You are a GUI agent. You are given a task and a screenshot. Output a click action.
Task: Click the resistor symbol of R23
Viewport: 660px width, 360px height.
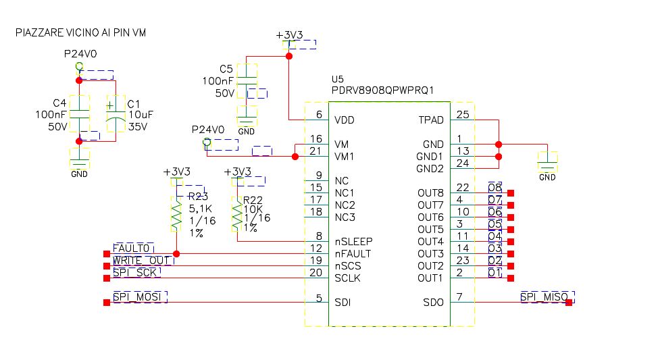(x=176, y=215)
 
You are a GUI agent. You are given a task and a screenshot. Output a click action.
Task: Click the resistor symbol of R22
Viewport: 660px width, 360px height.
(x=236, y=215)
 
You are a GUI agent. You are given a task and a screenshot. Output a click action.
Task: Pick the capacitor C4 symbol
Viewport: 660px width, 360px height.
(x=79, y=112)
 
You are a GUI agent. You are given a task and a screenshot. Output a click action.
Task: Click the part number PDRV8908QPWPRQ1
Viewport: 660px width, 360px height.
(x=382, y=90)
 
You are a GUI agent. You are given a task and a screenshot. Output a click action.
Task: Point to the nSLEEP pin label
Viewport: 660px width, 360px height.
(x=353, y=242)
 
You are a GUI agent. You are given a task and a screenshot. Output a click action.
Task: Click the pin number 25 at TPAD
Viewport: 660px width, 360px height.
(x=462, y=115)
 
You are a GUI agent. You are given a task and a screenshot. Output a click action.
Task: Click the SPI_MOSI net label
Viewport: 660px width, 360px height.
(x=139, y=297)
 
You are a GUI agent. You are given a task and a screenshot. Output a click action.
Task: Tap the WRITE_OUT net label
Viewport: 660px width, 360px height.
(x=142, y=261)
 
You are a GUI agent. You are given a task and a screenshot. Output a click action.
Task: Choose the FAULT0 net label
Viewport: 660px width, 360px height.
(x=133, y=249)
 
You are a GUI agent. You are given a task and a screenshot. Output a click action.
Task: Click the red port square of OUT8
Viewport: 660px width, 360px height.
(x=511, y=193)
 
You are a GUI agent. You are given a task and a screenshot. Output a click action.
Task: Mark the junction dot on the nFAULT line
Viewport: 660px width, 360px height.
(x=176, y=254)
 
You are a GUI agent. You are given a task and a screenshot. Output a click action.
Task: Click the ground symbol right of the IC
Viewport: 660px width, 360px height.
(x=547, y=163)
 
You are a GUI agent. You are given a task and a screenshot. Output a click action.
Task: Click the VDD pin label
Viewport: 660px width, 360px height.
(x=345, y=120)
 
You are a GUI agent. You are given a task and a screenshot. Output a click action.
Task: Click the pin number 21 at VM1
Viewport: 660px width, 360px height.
(x=315, y=151)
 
